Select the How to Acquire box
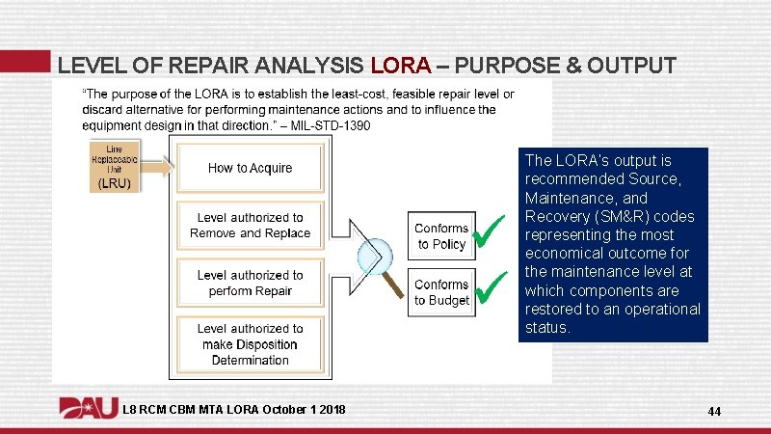[x=250, y=168]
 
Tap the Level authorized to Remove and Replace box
[x=250, y=226]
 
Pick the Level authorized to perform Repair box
[x=250, y=283]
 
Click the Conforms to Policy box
[x=441, y=236]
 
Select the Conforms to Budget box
[x=441, y=292]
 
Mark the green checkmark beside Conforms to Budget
[x=492, y=285]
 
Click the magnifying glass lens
[x=374, y=255]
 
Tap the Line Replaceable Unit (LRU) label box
[x=114, y=166]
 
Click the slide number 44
[x=714, y=412]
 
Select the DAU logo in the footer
[x=89, y=409]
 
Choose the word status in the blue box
[x=546, y=327]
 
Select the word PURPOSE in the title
[x=504, y=66]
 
